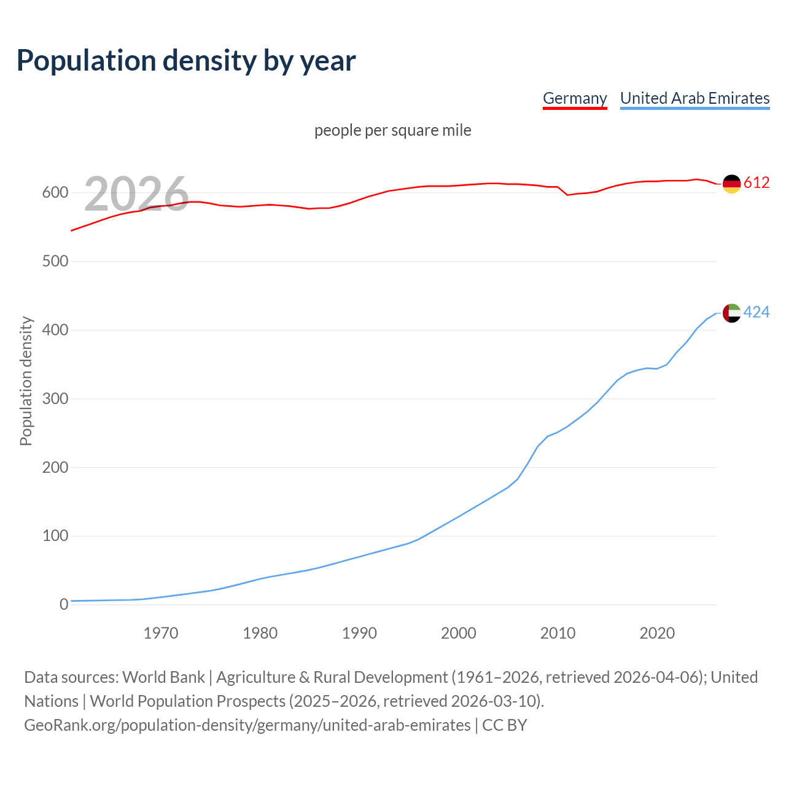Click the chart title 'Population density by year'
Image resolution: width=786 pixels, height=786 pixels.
click(186, 60)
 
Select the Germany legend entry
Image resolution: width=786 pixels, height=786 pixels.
click(575, 98)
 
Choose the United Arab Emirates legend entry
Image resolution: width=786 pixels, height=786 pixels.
click(695, 98)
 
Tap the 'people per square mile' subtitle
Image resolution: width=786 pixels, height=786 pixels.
click(393, 130)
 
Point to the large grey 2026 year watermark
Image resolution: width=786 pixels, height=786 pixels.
click(136, 194)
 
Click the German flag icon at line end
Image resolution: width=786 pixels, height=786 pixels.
click(731, 183)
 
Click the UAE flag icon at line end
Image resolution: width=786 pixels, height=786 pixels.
click(731, 313)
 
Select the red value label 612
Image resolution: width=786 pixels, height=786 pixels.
click(757, 182)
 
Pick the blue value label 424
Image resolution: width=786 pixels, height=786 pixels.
click(757, 313)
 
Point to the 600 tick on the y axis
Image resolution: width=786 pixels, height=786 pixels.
click(55, 193)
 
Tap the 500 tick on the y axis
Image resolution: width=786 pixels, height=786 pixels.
click(55, 262)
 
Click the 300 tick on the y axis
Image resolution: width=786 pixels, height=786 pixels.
click(55, 399)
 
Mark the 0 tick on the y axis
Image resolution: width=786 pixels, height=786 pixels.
click(64, 605)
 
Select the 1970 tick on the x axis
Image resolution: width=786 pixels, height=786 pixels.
click(161, 633)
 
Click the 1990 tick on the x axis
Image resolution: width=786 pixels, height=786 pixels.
click(359, 633)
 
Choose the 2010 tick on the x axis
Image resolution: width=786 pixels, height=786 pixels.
click(558, 633)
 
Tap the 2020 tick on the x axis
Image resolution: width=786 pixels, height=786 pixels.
click(657, 633)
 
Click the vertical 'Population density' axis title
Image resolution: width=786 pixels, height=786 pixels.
click(26, 381)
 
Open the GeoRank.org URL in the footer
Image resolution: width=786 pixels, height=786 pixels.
click(247, 725)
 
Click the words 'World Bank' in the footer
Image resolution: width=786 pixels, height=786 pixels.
click(163, 677)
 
